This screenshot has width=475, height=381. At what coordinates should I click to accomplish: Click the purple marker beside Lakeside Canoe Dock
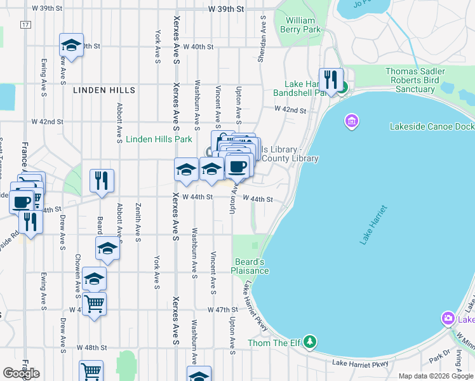[x=351, y=120]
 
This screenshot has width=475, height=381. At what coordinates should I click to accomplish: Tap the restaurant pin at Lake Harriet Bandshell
[x=330, y=80]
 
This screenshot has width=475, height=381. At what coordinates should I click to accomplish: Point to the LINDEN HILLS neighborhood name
[x=104, y=91]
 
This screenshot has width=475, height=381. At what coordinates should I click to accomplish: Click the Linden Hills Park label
[x=159, y=139]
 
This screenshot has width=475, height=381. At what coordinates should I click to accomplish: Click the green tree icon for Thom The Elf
[x=309, y=342]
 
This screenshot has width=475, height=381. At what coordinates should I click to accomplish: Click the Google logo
[x=21, y=373]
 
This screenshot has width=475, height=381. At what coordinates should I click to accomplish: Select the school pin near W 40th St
[x=72, y=46]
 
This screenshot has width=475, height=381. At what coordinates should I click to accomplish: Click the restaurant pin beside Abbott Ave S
[x=102, y=181]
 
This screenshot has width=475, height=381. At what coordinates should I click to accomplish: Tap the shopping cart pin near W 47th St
[x=94, y=304]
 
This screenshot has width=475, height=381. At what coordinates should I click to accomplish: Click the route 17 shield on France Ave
[x=25, y=25]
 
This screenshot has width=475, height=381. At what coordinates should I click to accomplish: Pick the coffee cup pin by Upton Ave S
[x=237, y=166]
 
